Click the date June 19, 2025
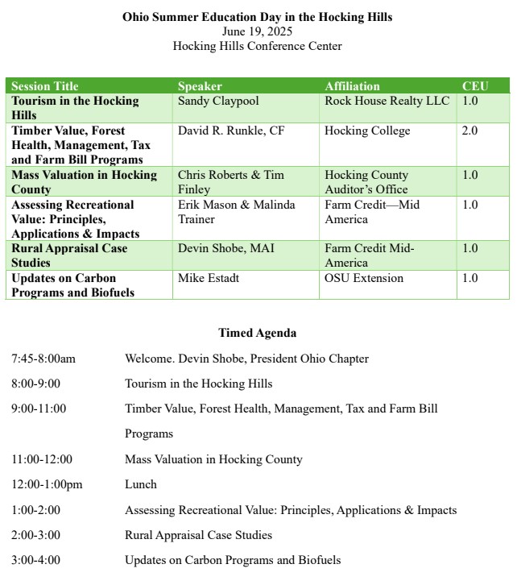tap(257, 31)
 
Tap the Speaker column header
tap(200, 86)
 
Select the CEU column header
tap(474, 86)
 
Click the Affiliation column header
tap(352, 86)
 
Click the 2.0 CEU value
tap(469, 131)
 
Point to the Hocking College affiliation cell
tap(367, 131)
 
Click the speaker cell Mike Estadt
tap(209, 278)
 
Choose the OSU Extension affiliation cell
tap(365, 278)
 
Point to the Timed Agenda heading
tap(257, 333)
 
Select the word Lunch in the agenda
tap(141, 484)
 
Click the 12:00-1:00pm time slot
tap(47, 484)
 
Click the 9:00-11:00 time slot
tap(39, 409)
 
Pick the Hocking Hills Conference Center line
tap(257, 46)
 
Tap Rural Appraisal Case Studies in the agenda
tap(198, 535)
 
